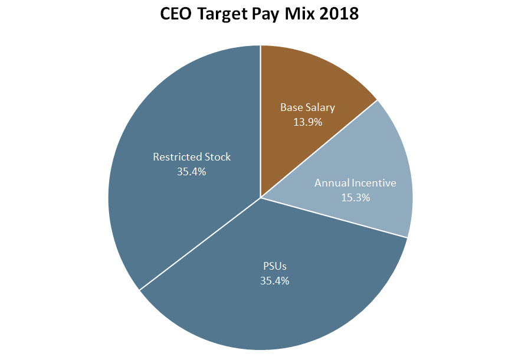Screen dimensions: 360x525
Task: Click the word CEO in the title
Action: click(x=177, y=14)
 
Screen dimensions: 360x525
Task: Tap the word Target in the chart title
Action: click(x=224, y=14)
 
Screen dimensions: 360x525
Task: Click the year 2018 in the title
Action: click(x=342, y=14)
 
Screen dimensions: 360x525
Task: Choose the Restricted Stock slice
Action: click(x=177, y=195)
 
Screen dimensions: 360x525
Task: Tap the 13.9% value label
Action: click(x=307, y=122)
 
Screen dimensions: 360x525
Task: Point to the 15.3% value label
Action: click(x=355, y=198)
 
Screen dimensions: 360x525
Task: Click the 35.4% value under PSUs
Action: click(x=274, y=281)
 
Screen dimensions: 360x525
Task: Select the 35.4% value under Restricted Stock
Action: click(x=192, y=172)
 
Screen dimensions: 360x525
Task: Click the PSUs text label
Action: click(x=274, y=266)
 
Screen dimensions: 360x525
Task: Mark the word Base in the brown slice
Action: click(x=291, y=107)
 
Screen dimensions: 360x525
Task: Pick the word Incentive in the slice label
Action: click(x=375, y=183)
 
